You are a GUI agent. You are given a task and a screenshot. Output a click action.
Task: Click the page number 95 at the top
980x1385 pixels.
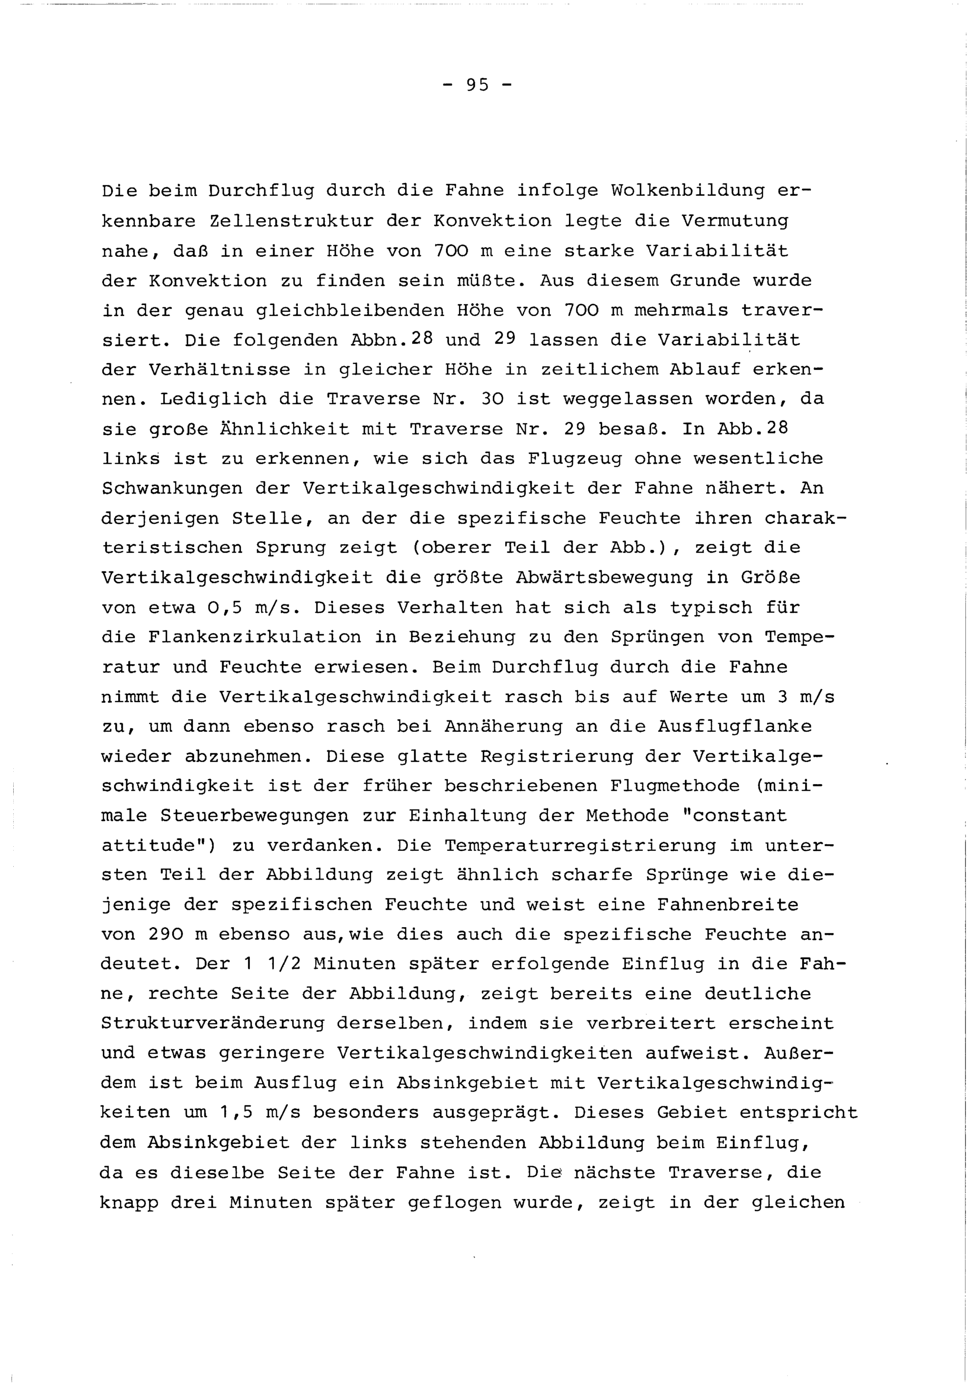pyautogui.click(x=477, y=86)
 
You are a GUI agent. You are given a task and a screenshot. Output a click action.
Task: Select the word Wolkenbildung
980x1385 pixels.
pyautogui.click(x=687, y=191)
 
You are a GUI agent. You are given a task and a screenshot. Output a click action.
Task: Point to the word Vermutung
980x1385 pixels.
pyautogui.click(x=735, y=221)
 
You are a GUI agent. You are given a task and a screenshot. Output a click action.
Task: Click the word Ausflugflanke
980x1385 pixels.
pyautogui.click(x=735, y=727)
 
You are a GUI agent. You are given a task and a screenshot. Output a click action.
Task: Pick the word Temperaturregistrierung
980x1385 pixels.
pyautogui.click(x=581, y=846)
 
